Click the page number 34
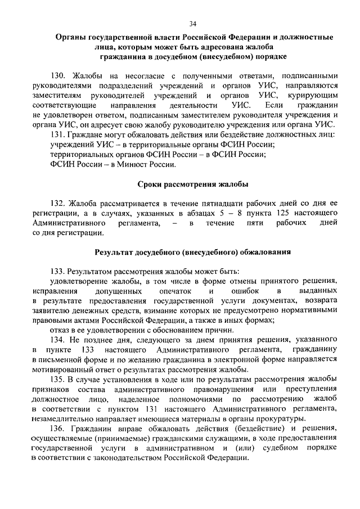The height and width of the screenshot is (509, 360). (x=192, y=23)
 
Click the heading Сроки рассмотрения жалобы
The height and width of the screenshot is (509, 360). (x=193, y=184)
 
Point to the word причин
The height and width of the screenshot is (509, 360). (x=216, y=330)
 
